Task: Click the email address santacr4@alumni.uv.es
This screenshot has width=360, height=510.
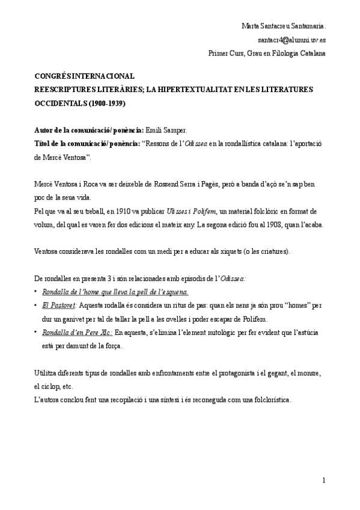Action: click(x=291, y=40)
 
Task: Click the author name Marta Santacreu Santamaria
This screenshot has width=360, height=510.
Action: click(x=283, y=26)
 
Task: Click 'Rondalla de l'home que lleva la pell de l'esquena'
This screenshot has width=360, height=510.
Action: click(x=115, y=292)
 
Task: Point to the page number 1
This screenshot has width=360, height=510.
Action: click(x=323, y=480)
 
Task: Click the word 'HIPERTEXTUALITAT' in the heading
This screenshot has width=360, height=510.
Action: click(x=194, y=90)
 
